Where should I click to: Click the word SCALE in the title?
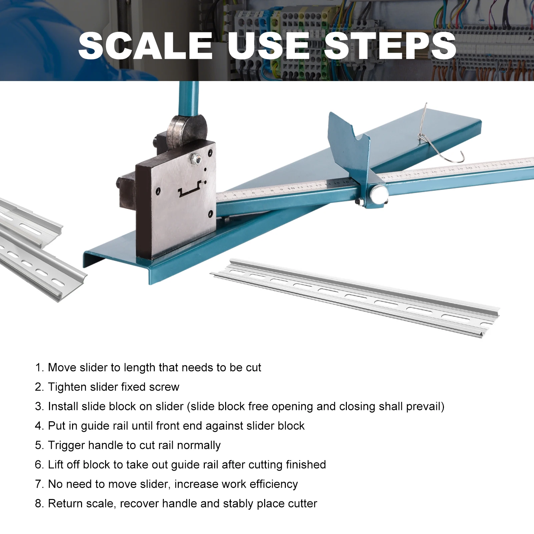[x=145, y=46]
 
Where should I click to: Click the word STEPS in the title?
[x=390, y=46]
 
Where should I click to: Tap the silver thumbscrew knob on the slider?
[x=379, y=194]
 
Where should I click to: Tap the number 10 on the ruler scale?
[x=291, y=188]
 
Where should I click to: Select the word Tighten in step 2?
[x=68, y=387]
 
